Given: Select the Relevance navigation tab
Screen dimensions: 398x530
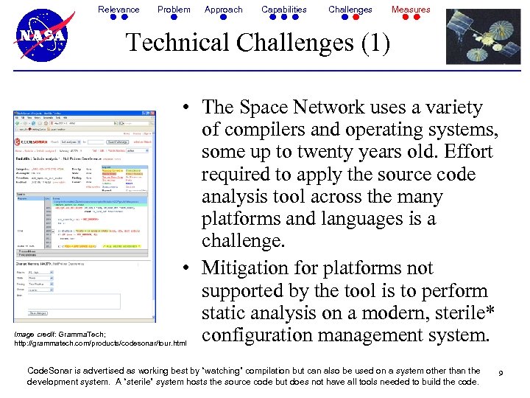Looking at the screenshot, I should [119, 10].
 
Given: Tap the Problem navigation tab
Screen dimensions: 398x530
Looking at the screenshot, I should [174, 10].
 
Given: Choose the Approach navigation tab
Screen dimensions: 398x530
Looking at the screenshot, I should [223, 10].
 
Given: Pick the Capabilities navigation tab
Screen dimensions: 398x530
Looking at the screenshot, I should [284, 10].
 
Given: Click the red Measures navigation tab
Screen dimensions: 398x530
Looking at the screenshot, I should [411, 10].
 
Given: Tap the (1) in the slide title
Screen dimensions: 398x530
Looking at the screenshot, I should [373, 43].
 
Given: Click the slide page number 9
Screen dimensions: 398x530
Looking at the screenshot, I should [500, 374].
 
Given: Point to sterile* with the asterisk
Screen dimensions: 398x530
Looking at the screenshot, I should [457, 313].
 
